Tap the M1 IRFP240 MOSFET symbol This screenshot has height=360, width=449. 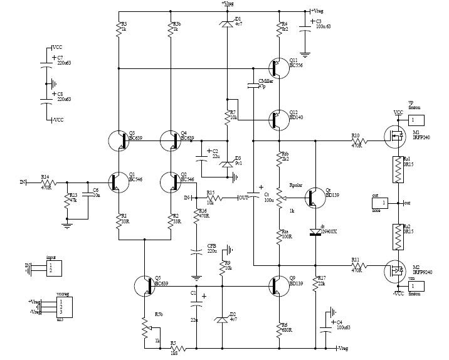pyautogui.click(x=395, y=135)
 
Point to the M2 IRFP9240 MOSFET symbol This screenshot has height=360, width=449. pyautogui.click(x=395, y=269)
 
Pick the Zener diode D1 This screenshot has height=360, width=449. pyautogui.click(x=227, y=23)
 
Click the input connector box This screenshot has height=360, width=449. pyautogui.click(x=55, y=268)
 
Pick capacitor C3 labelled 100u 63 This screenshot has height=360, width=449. pyautogui.click(x=305, y=26)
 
